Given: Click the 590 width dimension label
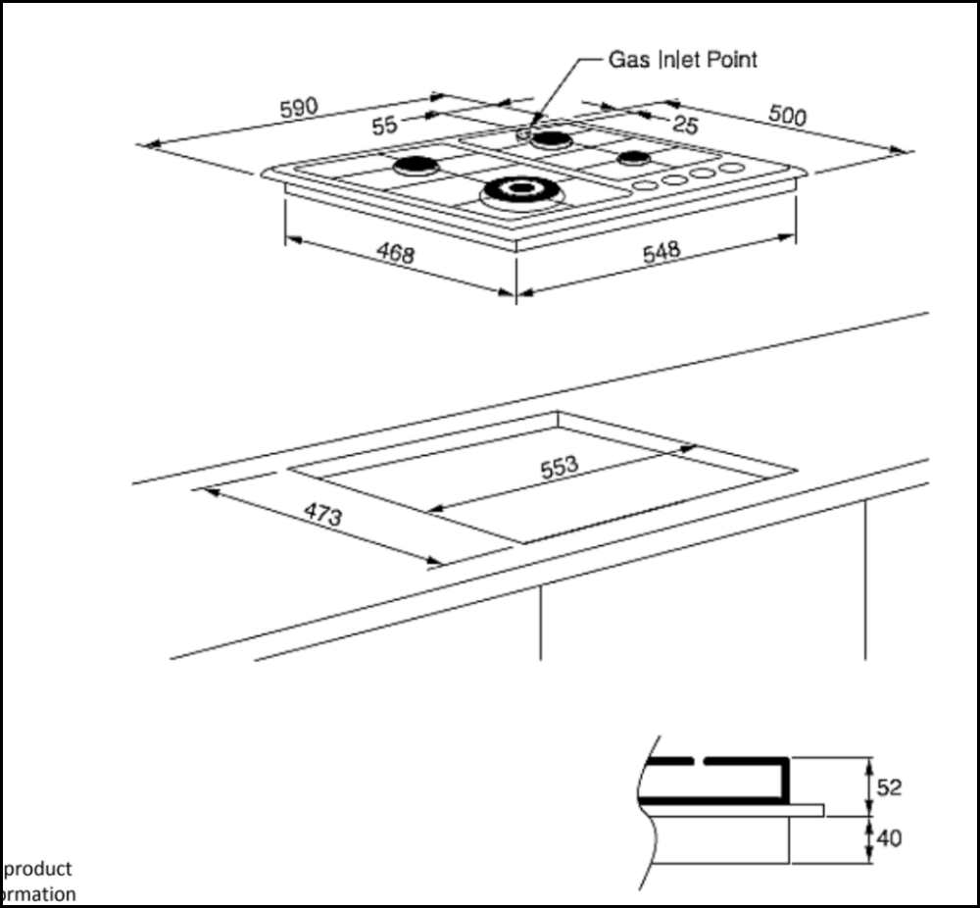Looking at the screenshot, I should pyautogui.click(x=299, y=108).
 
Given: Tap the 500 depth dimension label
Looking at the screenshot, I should pyautogui.click(x=786, y=116).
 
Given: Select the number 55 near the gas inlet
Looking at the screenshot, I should pyautogui.click(x=384, y=126).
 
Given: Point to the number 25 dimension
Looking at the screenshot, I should pyautogui.click(x=686, y=125).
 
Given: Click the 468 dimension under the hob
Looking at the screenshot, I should pyautogui.click(x=395, y=254).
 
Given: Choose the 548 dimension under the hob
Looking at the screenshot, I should pyautogui.click(x=661, y=252).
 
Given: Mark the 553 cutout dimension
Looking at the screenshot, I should pyautogui.click(x=560, y=468).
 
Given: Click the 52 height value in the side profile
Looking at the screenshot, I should pyautogui.click(x=890, y=787).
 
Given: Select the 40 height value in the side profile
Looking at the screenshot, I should pyautogui.click(x=890, y=838).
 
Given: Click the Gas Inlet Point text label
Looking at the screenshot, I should pyautogui.click(x=683, y=60).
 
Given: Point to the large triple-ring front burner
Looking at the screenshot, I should pyautogui.click(x=519, y=190).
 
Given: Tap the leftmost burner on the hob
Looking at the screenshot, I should pyautogui.click(x=416, y=166).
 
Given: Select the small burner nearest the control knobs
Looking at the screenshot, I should pyautogui.click(x=634, y=159).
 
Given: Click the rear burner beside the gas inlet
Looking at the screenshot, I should pyautogui.click(x=553, y=140).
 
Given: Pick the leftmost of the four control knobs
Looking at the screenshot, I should pyautogui.click(x=644, y=185).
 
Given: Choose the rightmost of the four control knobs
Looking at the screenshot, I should pyautogui.click(x=731, y=169).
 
